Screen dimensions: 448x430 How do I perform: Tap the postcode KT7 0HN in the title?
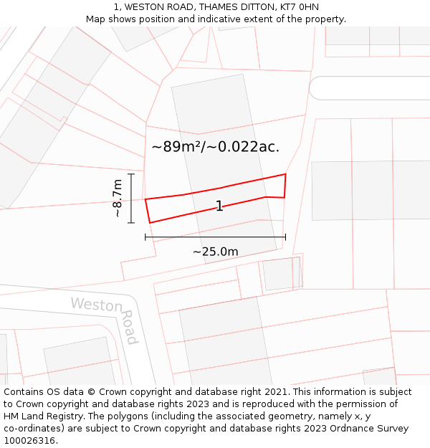[295, 7]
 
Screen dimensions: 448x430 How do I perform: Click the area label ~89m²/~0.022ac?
[215, 147]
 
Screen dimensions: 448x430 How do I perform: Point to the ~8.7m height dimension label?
[118, 199]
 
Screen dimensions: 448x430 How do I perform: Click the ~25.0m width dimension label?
[215, 252]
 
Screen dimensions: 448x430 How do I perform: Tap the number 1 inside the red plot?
[219, 206]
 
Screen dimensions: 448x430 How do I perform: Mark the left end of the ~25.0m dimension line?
[145, 237]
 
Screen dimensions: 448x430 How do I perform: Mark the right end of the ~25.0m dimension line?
[285, 237]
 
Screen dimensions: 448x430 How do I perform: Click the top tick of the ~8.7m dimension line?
[131, 173]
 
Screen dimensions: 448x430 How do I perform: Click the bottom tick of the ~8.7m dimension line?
[131, 223]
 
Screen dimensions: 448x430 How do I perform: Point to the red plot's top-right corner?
[286, 174]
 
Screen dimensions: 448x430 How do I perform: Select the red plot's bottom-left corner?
[150, 223]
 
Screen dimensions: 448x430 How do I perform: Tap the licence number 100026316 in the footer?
[30, 441]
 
